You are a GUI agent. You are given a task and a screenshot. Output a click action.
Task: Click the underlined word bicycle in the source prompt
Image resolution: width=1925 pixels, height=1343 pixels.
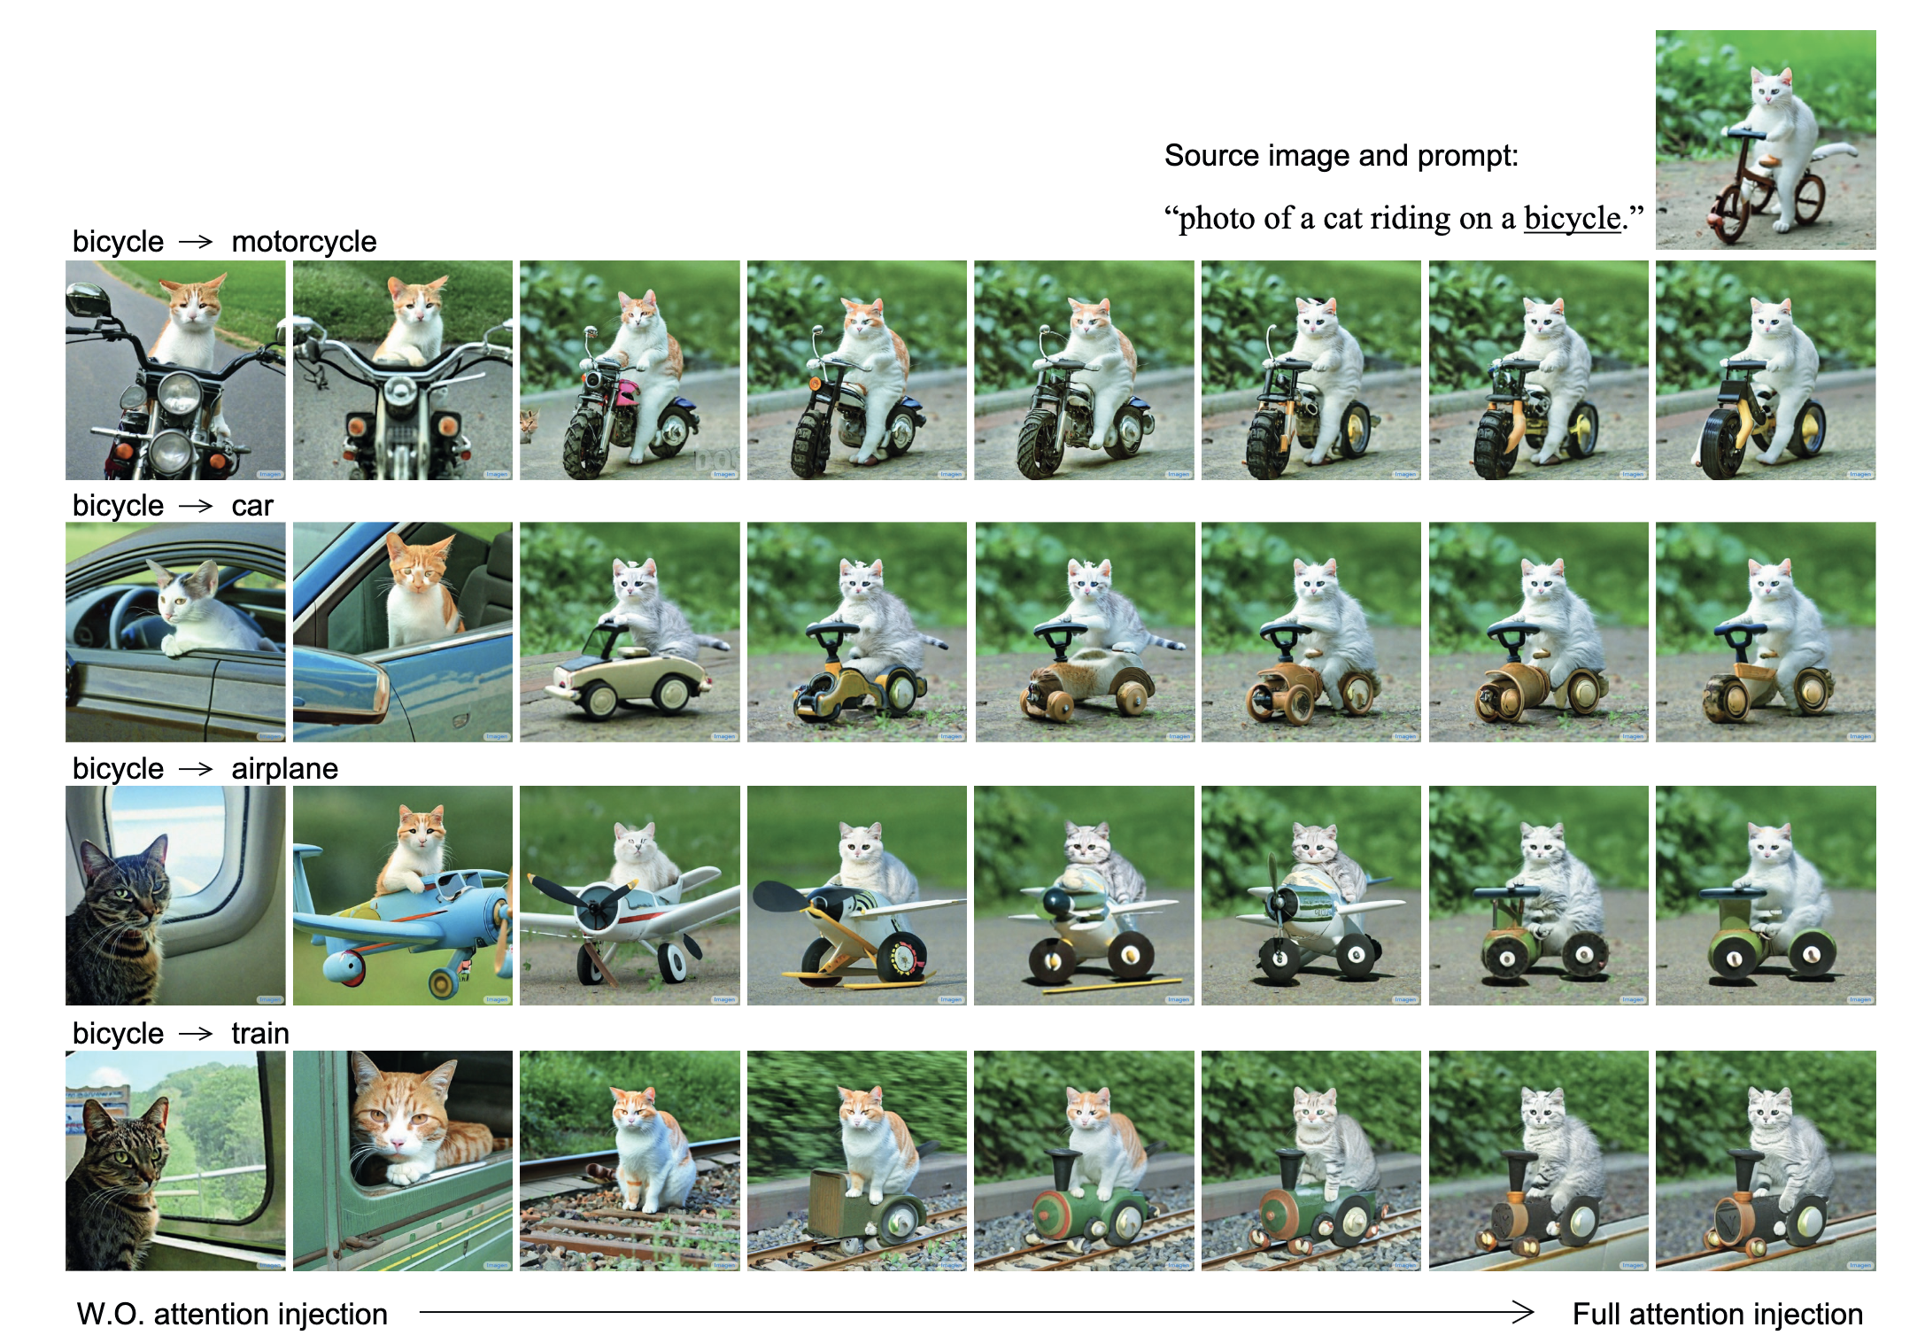(1572, 218)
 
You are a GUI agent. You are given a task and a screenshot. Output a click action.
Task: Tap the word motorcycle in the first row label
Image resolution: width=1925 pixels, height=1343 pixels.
(304, 241)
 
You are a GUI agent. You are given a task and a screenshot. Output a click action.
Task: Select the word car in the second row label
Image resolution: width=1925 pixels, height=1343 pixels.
(252, 505)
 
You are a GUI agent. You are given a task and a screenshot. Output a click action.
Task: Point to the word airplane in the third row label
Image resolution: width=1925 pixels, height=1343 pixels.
(284, 768)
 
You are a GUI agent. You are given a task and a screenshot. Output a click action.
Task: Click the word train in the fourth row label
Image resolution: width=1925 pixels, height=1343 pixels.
(260, 1033)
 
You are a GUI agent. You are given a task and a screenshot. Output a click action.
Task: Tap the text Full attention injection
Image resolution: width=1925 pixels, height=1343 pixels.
(1718, 1314)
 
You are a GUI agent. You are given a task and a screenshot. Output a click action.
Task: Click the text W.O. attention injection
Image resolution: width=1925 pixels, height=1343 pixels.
(232, 1314)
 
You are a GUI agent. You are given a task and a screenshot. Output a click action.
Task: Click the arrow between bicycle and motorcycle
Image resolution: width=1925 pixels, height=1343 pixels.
(196, 242)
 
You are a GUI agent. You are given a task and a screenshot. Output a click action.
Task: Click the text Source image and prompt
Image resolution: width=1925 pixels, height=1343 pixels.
(1341, 156)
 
